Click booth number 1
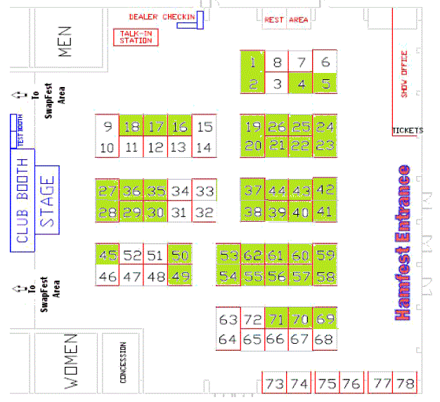pos(252,63)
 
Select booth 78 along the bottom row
pos(405,384)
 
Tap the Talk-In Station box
pos(136,37)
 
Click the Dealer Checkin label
pos(161,17)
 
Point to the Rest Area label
pos(286,20)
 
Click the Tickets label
pos(408,130)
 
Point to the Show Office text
pos(404,74)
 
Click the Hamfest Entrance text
pos(403,243)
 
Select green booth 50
pos(180,255)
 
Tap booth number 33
pos(204,191)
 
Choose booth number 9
pos(108,127)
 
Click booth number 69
pos(324,320)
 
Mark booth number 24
pos(324,127)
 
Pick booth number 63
pos(228,320)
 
